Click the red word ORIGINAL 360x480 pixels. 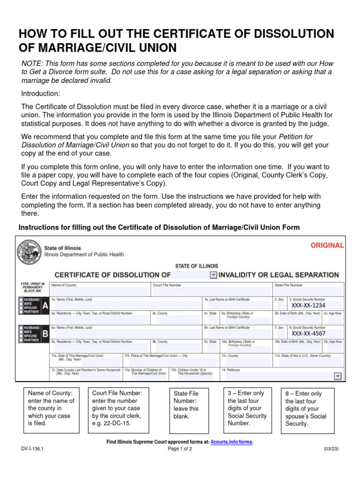[327, 245]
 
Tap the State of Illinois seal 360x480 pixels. [29, 253]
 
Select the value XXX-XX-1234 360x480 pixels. [308, 306]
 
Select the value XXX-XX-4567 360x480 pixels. [308, 334]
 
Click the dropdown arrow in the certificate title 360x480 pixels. [213, 275]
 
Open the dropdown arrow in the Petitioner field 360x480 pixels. [337, 376]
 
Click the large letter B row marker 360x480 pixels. [45, 334]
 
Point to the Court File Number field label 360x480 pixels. [167, 285]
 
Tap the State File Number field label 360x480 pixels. [288, 285]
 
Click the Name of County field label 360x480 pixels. [64, 285]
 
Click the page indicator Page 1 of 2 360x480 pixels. [180, 449]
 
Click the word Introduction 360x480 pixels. [41, 93]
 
